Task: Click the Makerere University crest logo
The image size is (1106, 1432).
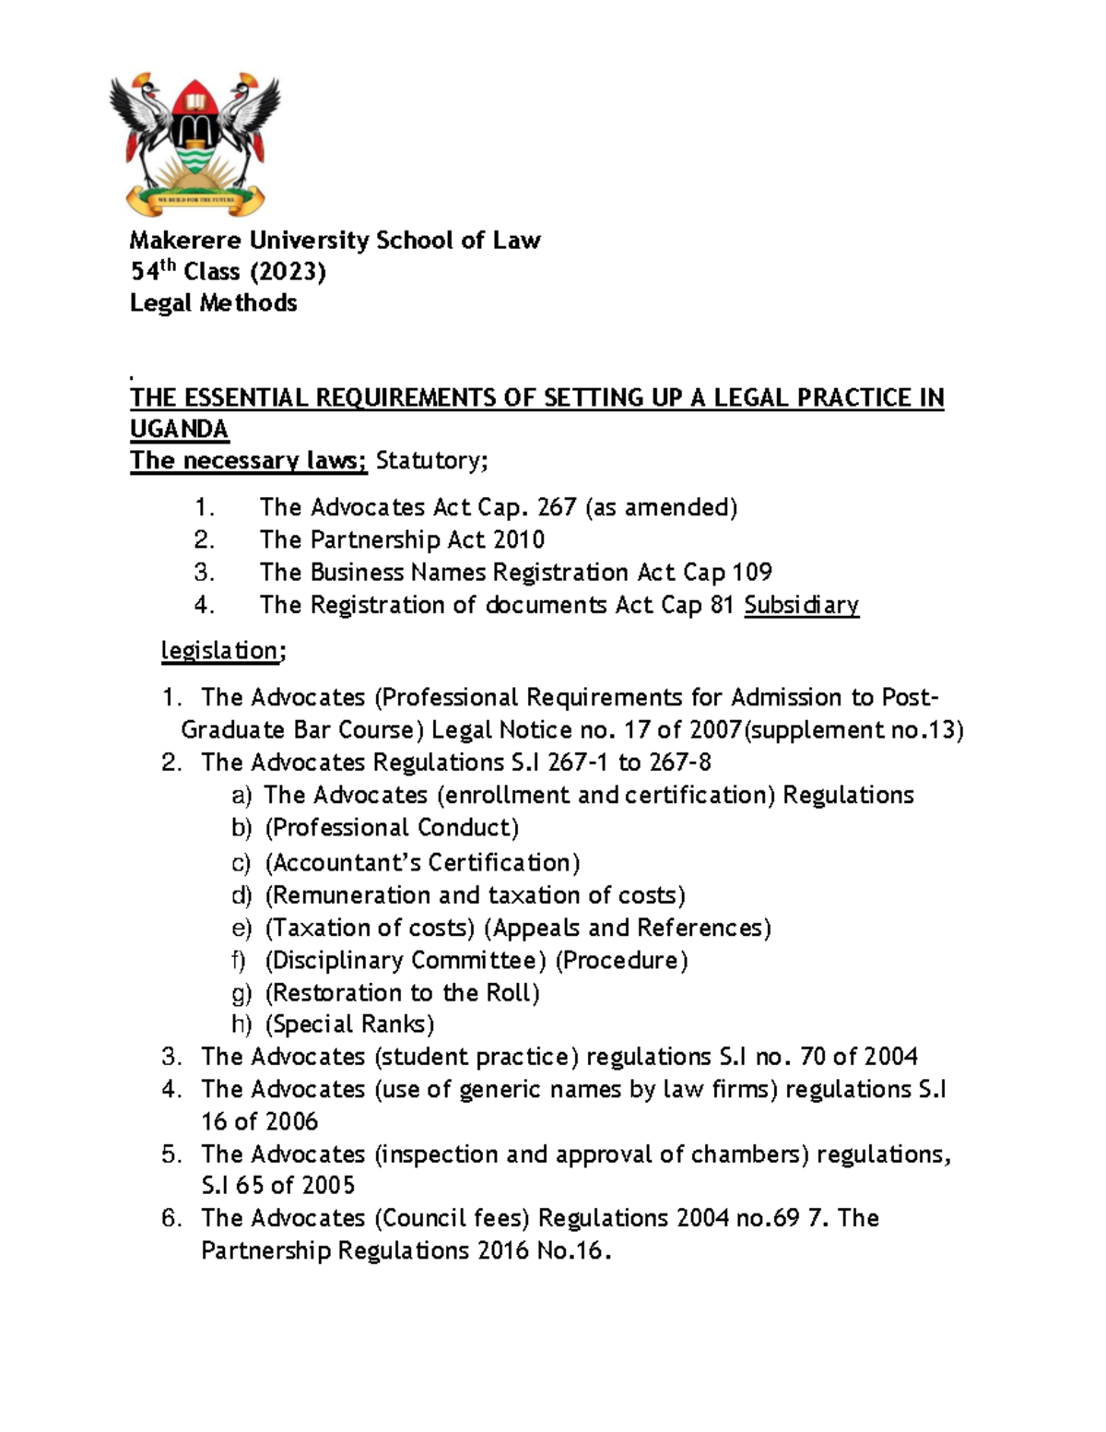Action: tap(194, 144)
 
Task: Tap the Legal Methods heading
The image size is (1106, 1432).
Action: tap(213, 303)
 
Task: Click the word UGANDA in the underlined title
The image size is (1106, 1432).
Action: tap(179, 430)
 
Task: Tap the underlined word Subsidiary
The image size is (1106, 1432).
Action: tap(801, 605)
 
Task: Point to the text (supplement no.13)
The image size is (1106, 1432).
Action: tap(853, 730)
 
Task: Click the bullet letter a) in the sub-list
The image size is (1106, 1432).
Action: tap(241, 796)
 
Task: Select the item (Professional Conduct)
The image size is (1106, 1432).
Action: tap(392, 828)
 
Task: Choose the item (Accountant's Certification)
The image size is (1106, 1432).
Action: tap(422, 863)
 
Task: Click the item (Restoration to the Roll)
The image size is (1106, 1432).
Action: tap(402, 993)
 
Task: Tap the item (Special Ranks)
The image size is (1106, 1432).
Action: tap(349, 1024)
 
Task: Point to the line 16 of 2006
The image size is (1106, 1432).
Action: tap(259, 1121)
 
